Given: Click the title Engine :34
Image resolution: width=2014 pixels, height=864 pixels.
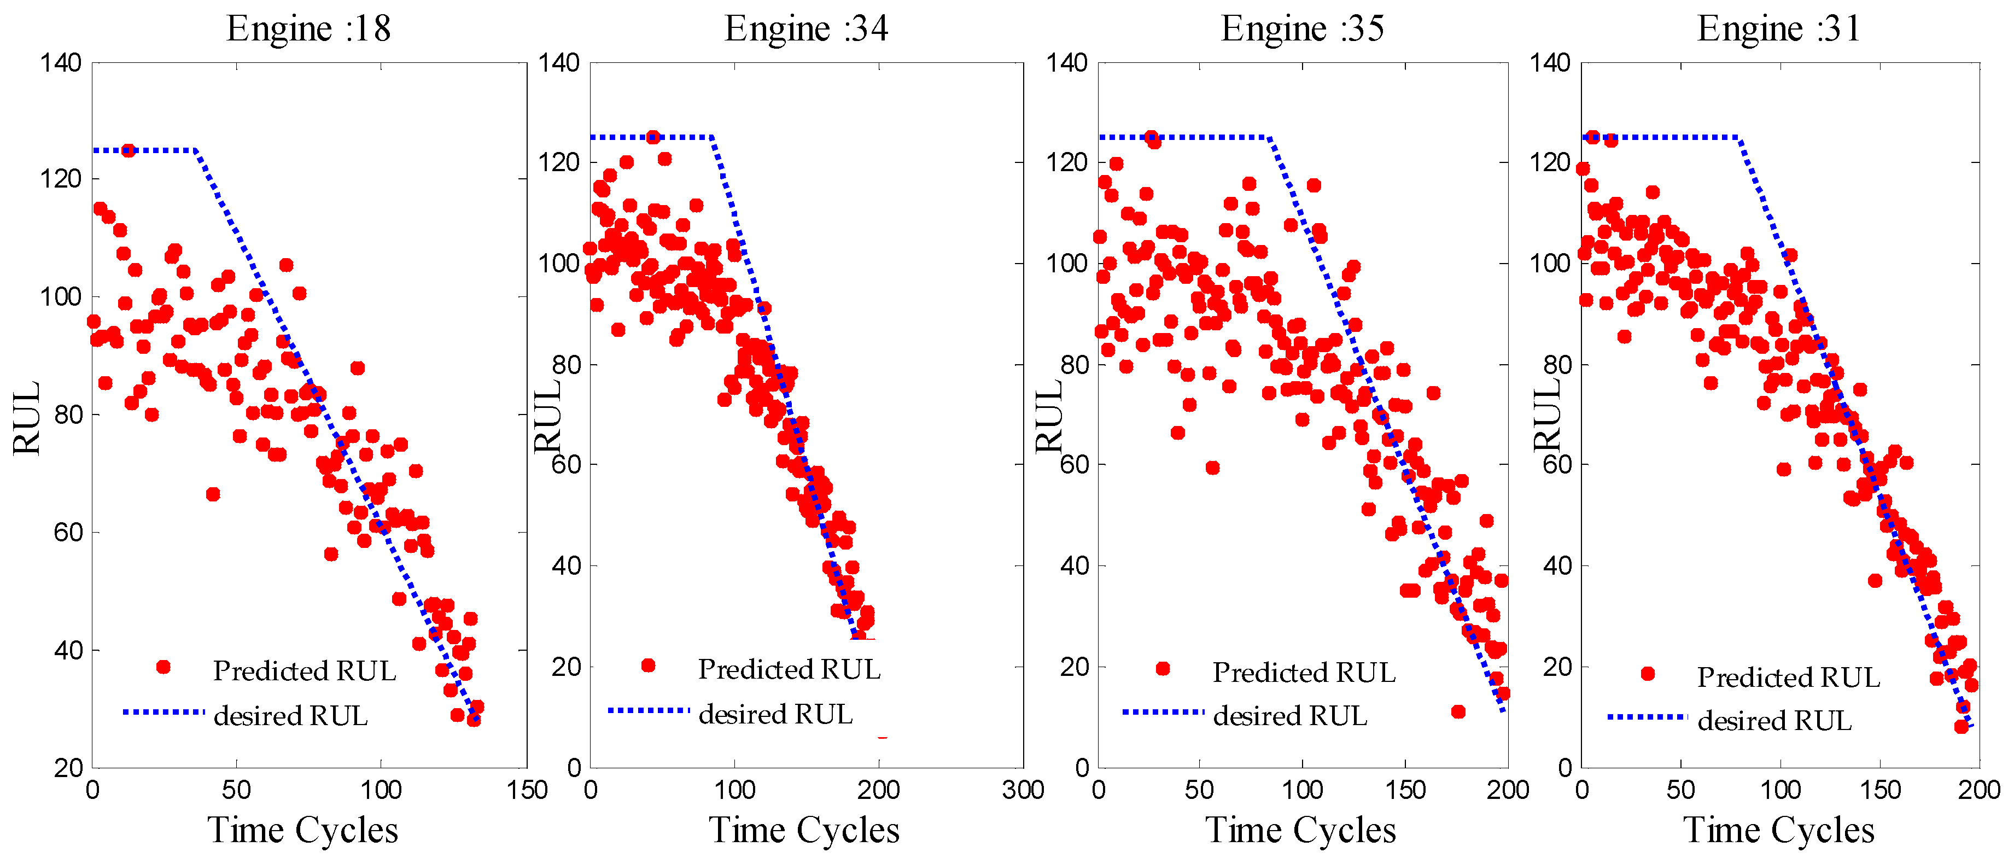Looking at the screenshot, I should click(x=806, y=29).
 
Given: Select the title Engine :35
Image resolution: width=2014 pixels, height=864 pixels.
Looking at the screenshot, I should click(x=1303, y=29).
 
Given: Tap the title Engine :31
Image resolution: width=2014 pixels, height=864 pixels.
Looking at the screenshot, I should click(x=1779, y=29).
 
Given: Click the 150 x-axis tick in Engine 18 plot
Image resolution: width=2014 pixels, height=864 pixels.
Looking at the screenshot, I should click(x=526, y=790).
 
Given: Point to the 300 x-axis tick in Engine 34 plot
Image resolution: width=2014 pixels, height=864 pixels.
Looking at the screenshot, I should click(x=1023, y=790).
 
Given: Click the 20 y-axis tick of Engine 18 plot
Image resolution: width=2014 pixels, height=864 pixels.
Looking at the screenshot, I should click(x=69, y=768).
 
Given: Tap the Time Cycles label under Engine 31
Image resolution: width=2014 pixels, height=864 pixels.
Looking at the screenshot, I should click(x=1779, y=830).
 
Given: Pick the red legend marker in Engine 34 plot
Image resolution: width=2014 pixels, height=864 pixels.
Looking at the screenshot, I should click(x=647, y=665).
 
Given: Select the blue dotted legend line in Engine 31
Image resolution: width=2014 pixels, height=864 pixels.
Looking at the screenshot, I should click(x=1647, y=716).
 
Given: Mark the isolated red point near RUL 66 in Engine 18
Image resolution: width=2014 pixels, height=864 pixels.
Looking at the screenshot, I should click(x=213, y=494).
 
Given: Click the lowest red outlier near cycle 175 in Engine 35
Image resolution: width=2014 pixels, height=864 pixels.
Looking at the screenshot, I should click(x=1458, y=711).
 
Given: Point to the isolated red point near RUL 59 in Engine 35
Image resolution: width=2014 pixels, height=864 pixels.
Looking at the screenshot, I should click(x=1212, y=468).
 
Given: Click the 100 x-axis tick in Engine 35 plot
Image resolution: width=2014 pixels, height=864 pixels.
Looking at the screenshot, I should click(x=1303, y=790).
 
